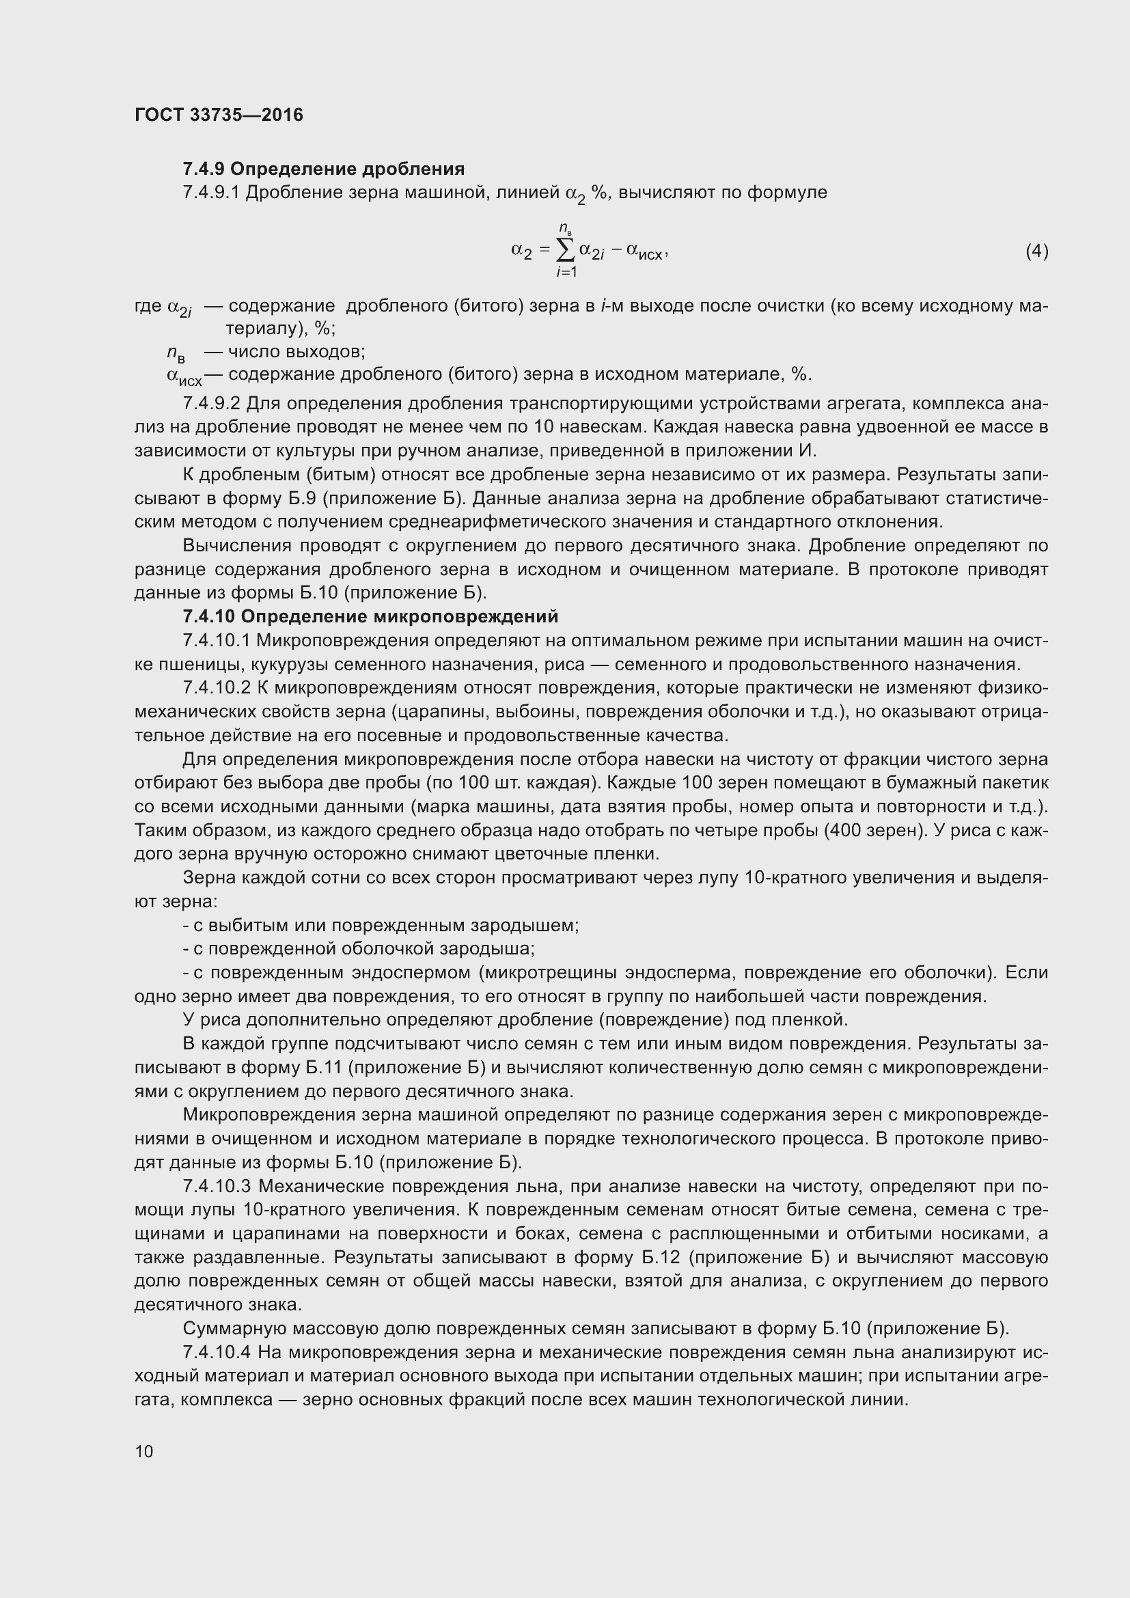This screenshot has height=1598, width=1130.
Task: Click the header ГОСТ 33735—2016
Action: tap(219, 115)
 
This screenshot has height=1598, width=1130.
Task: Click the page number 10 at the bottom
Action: tap(144, 1450)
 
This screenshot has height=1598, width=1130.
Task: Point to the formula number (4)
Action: tap(1036, 251)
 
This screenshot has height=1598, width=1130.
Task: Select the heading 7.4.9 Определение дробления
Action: tap(324, 169)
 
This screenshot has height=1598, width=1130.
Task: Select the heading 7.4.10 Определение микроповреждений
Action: tap(370, 616)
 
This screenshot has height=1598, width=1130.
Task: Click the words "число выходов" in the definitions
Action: tap(297, 351)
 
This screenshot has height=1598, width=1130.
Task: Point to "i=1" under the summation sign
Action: tap(566, 273)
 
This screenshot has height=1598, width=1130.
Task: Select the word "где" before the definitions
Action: tap(148, 306)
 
